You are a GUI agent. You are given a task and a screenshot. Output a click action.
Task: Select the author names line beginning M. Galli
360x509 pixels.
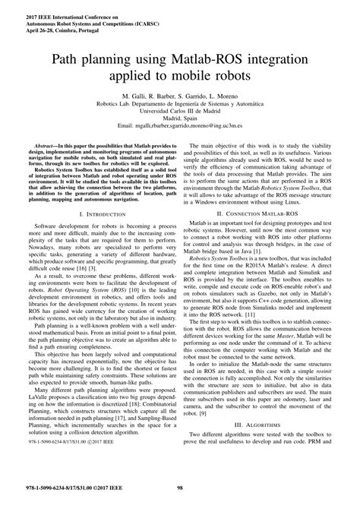click(x=179, y=99)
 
